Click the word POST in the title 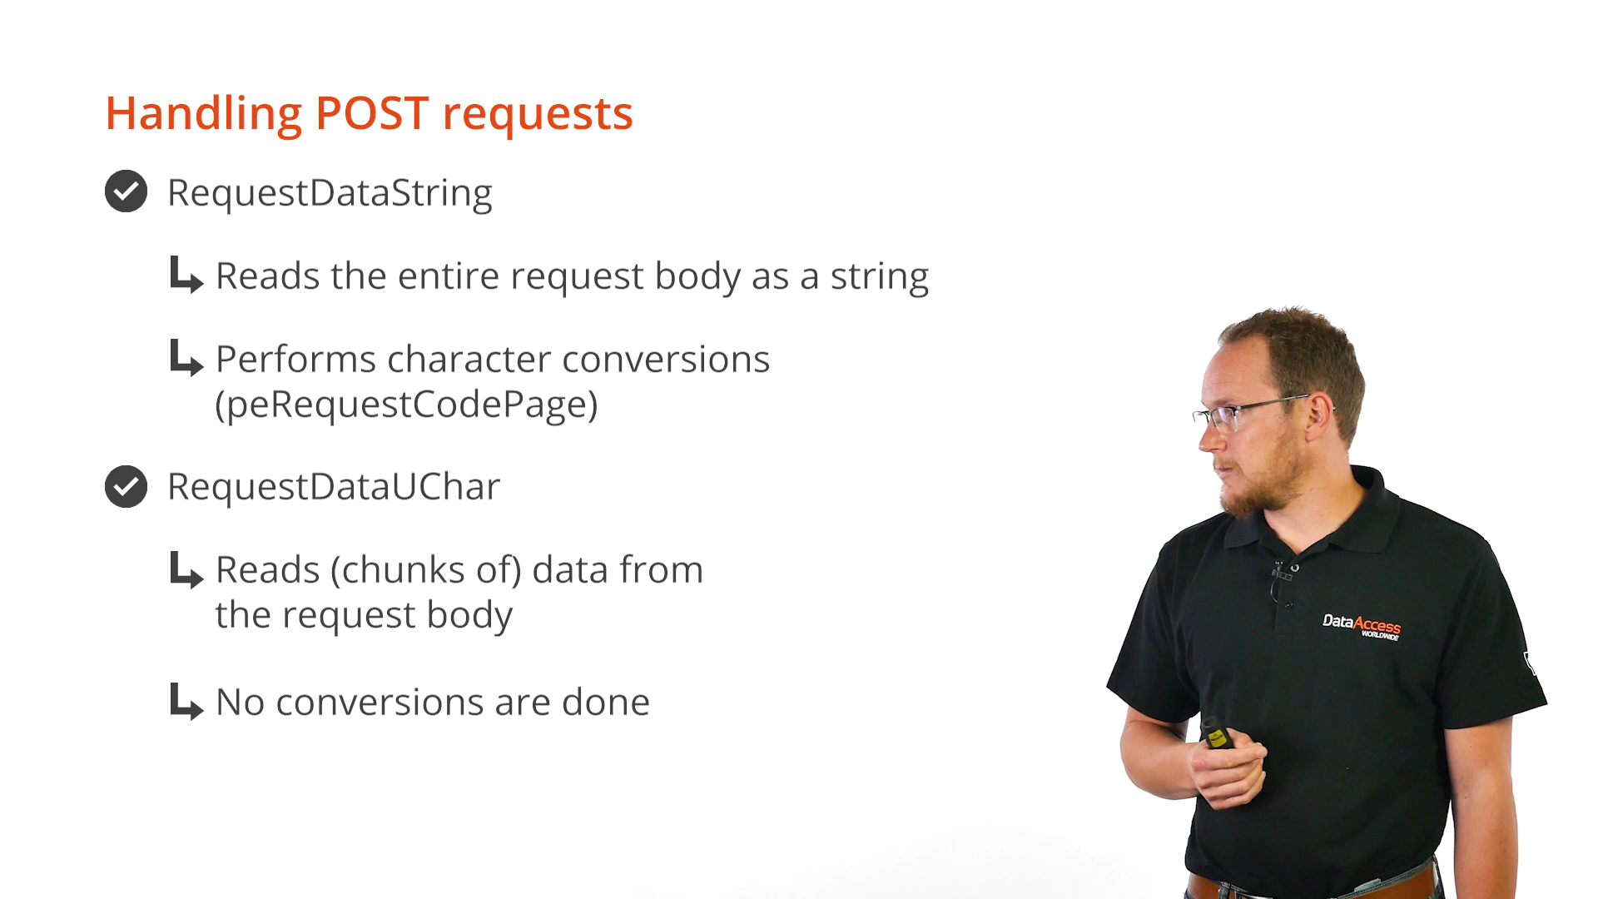coord(372,113)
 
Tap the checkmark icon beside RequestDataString coord(127,191)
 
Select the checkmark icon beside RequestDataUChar coord(127,486)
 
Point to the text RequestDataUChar coord(334,487)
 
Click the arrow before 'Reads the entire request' coord(186,275)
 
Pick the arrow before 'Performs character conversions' coord(186,358)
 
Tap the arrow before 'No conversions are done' coord(186,702)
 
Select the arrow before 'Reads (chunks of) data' coord(186,569)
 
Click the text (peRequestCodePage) coord(407,405)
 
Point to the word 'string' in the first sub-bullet coord(880,277)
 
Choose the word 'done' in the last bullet coord(606,703)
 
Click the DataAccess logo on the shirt coord(1362,626)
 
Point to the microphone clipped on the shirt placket coord(1281,574)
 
